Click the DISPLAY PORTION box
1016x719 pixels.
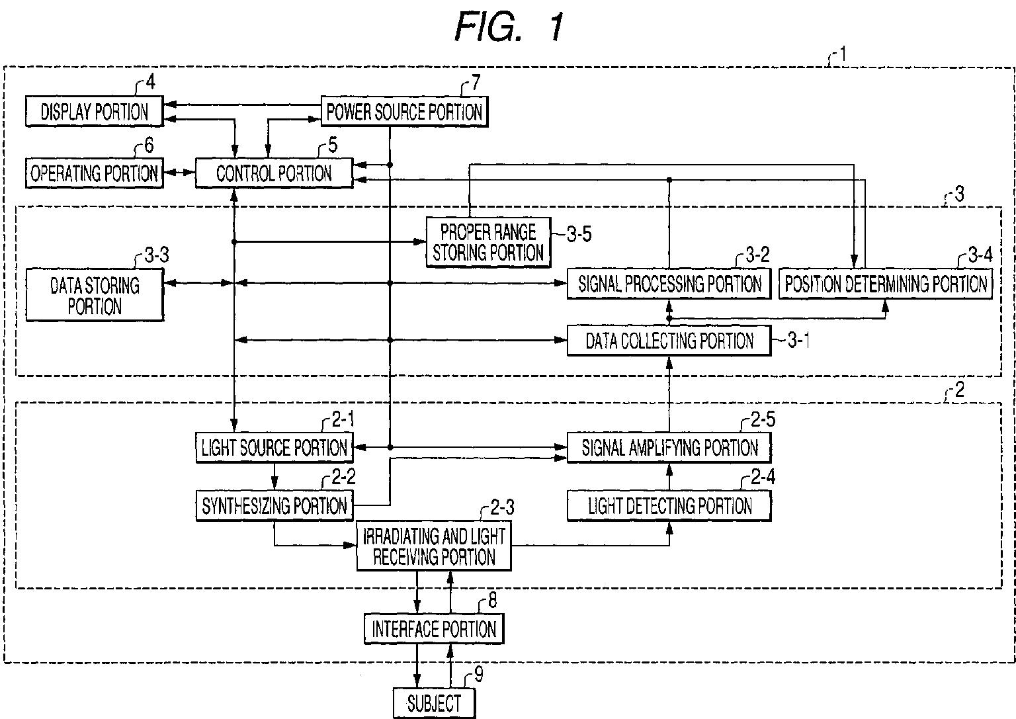(94, 111)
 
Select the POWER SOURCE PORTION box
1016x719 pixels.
(404, 111)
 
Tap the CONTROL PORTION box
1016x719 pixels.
(274, 173)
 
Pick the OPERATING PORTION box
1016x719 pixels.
(94, 173)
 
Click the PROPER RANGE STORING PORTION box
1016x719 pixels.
(488, 242)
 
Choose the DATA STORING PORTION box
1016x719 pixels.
(95, 295)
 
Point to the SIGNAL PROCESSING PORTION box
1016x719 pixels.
(669, 284)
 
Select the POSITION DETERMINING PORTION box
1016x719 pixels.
(886, 284)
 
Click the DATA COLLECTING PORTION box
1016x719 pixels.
(669, 340)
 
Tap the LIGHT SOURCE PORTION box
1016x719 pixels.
(275, 448)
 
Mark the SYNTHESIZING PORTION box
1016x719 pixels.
(275, 505)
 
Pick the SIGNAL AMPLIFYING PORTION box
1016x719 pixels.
(669, 448)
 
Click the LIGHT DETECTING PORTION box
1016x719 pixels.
(669, 505)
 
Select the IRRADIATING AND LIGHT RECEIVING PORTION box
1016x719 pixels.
(434, 546)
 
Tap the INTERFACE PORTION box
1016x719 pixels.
(434, 629)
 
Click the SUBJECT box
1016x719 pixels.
(434, 703)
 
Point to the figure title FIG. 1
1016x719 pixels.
(509, 27)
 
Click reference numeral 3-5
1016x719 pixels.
(579, 234)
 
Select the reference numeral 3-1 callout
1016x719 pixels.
(798, 340)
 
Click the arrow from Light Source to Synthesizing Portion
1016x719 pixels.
(274, 477)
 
